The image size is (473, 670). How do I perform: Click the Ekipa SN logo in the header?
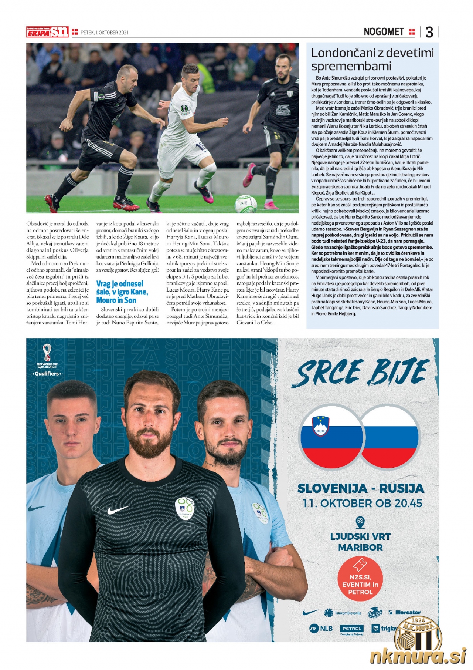tap(47, 32)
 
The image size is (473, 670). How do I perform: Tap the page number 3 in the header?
tap(429, 33)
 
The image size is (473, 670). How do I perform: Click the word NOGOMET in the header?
tap(384, 32)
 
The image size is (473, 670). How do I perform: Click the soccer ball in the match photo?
tap(246, 204)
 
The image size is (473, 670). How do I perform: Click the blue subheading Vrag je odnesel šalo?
tap(120, 284)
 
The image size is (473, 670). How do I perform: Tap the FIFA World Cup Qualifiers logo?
tap(47, 360)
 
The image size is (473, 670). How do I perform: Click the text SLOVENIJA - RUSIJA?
tap(360, 488)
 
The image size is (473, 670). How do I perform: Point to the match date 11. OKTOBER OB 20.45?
tap(362, 503)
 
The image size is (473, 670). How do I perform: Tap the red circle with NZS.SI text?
tap(360, 580)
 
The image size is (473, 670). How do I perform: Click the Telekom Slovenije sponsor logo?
tap(342, 613)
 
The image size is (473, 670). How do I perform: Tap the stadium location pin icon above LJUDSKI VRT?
tap(360, 522)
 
